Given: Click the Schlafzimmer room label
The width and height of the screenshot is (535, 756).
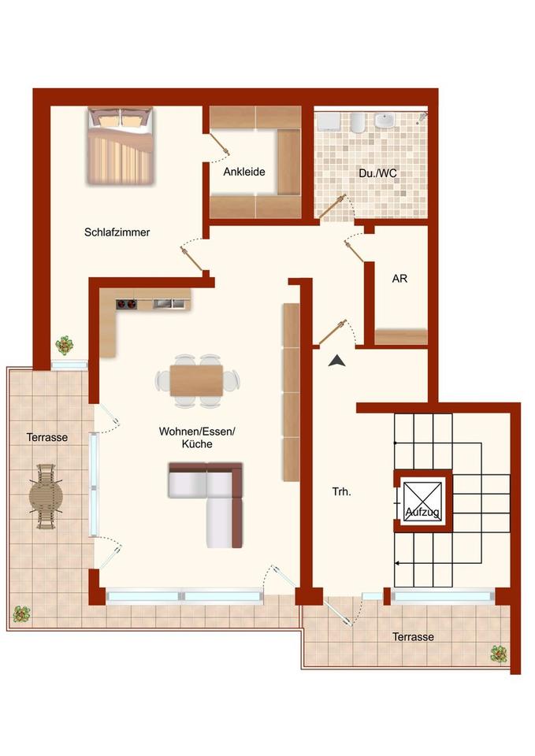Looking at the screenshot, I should pos(117,232).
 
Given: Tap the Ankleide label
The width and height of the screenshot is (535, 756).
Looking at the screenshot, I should pos(243,172).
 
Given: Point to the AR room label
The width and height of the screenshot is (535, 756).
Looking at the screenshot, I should pos(399,279).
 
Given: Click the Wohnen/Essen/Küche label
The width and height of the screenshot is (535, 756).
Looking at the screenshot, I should pos(197,438).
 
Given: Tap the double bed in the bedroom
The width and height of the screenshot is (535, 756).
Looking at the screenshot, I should pos(121,146).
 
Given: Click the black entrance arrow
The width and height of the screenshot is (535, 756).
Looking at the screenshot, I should pos(337,361).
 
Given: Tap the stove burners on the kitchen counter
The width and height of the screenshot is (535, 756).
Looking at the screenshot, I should pos(127,303).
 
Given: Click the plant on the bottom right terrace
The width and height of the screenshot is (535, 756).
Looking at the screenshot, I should pos(498,653).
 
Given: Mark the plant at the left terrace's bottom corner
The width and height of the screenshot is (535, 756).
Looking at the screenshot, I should pos(21,613).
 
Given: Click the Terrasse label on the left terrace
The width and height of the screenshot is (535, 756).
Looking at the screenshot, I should pos(46,437).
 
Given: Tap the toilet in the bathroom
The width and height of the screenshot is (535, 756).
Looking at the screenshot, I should pos(356,122).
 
